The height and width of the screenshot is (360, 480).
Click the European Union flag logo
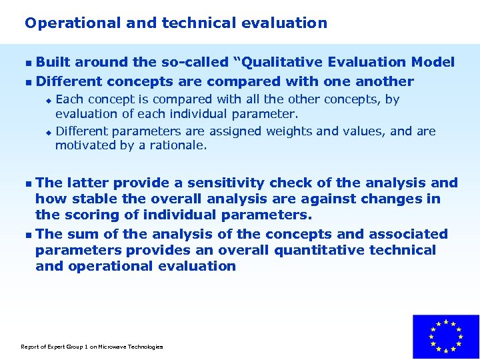[445, 337]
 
